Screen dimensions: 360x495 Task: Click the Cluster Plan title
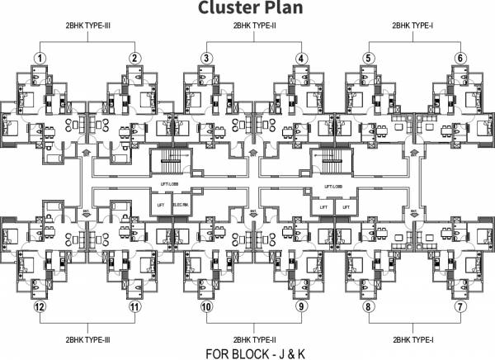247,9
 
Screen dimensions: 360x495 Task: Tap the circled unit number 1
39,58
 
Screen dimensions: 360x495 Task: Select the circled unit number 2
133,58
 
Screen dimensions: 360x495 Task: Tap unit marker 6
460,58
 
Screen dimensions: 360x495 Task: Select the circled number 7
460,306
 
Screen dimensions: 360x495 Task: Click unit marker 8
368,306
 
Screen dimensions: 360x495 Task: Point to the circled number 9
301,306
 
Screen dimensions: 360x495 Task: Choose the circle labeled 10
206,306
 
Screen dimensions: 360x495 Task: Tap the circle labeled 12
39,306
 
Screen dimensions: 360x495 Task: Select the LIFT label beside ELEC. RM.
160,204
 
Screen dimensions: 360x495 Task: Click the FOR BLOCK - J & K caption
248,353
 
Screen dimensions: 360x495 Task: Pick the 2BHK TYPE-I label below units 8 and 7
413,339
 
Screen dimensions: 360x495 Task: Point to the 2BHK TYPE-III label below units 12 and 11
87,339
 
